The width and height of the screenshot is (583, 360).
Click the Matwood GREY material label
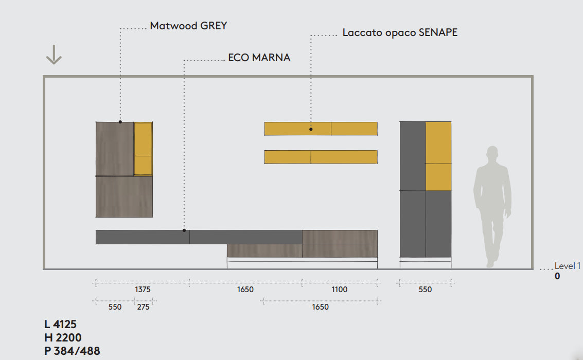(188, 26)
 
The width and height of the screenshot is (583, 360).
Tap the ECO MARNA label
(259, 58)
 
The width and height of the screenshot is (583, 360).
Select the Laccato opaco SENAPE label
(400, 32)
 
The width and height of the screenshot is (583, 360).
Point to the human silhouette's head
(492, 154)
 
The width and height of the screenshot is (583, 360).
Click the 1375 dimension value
(143, 290)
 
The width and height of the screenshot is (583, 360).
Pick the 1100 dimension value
(339, 290)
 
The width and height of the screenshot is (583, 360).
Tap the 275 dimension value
(143, 307)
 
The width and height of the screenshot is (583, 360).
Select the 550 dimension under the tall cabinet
(425, 290)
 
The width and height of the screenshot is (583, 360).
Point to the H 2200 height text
(63, 338)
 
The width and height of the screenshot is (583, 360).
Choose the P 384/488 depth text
(72, 351)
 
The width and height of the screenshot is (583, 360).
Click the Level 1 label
(567, 266)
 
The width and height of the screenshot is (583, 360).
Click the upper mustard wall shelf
(321, 129)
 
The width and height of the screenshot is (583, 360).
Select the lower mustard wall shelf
(321, 157)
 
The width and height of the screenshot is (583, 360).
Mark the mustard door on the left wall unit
(143, 149)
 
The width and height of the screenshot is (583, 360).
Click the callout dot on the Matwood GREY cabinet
(120, 122)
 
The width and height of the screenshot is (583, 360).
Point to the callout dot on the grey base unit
(184, 230)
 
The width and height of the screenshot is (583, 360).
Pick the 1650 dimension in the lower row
(321, 307)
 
